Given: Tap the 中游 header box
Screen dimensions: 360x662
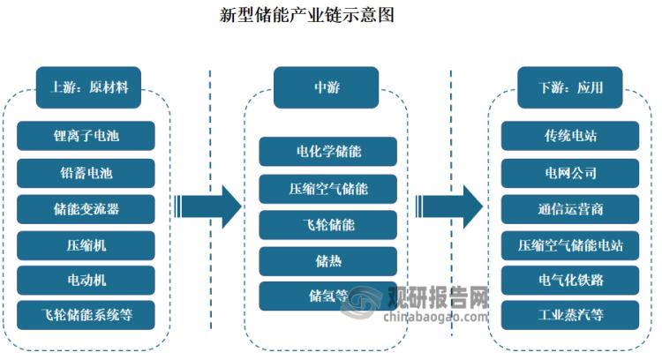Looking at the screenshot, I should tap(327, 87).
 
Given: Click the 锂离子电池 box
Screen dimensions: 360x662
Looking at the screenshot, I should tap(85, 137).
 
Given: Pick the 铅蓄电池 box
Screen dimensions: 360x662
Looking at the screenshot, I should tap(85, 172).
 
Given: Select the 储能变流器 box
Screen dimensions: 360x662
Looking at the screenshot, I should tap(85, 208).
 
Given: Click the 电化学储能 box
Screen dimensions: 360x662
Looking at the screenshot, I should tap(327, 152).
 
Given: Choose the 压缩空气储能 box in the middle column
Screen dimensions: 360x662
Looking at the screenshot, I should tap(327, 188).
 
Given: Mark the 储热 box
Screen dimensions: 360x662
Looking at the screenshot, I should tap(327, 259).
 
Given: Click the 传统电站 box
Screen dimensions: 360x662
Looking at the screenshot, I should tap(569, 137).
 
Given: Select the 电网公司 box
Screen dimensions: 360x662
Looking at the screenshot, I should tap(569, 172).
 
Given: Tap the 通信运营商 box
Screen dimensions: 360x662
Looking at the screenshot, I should tap(569, 208).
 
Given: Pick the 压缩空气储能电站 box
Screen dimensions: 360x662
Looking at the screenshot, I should tap(569, 244).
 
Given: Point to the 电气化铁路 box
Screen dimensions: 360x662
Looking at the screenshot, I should tap(569, 280).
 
